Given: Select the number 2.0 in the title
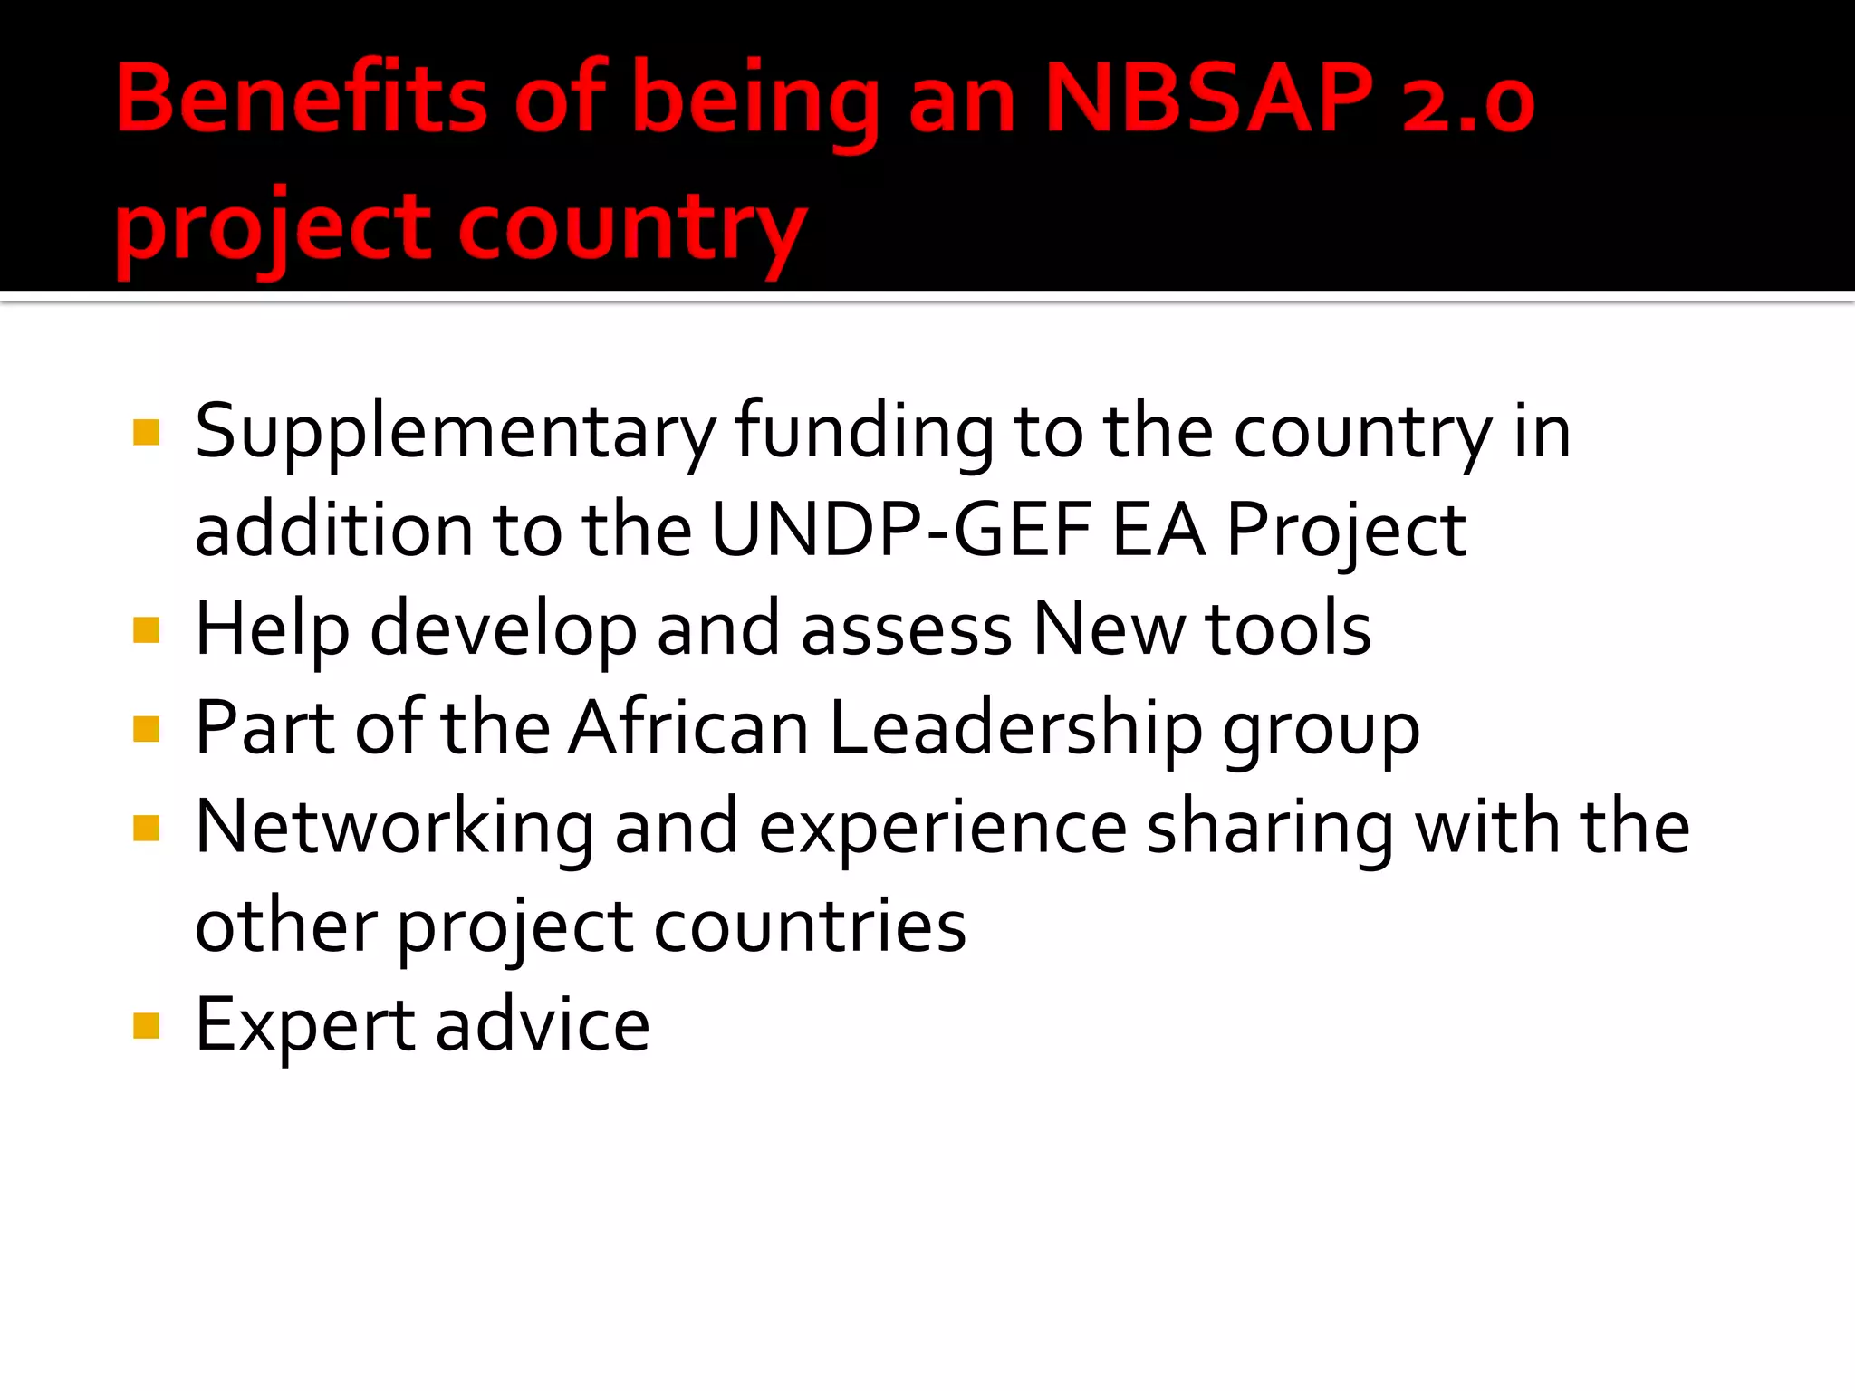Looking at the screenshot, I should click(x=1467, y=101).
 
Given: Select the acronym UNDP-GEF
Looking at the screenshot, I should click(x=900, y=530).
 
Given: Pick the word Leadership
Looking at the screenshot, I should click(x=1015, y=729).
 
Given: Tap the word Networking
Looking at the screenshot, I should click(x=395, y=828).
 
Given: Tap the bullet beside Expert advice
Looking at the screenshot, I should click(x=146, y=1026).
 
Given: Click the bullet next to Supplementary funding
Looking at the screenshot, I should click(x=146, y=433).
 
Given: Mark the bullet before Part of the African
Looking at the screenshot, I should click(x=146, y=729).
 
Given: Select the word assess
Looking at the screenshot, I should click(x=907, y=630).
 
